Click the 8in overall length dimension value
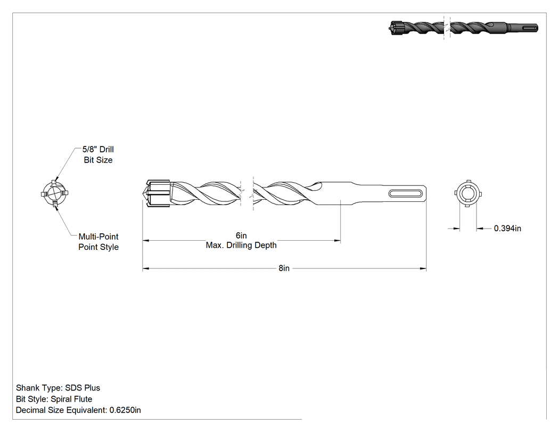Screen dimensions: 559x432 pyautogui.click(x=284, y=268)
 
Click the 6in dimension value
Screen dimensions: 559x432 pyautogui.click(x=241, y=235)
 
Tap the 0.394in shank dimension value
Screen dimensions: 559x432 pyautogui.click(x=507, y=229)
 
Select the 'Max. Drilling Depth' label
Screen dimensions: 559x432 pyautogui.click(x=241, y=245)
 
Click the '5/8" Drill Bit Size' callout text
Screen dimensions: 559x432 pyautogui.click(x=98, y=154)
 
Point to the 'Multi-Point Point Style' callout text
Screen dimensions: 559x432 pyautogui.click(x=98, y=241)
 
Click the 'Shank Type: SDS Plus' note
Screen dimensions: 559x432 pyautogui.click(x=58, y=388)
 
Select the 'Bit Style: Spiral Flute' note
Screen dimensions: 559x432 pyautogui.click(x=54, y=399)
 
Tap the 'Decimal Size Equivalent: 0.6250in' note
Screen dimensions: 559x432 pyautogui.click(x=78, y=410)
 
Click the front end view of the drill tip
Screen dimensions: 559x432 pyautogui.click(x=54, y=194)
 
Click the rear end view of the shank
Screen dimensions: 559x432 pyautogui.click(x=468, y=194)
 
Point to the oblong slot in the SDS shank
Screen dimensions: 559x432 pyautogui.click(x=406, y=193)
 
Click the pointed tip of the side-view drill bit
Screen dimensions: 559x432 pyautogui.click(x=143, y=193)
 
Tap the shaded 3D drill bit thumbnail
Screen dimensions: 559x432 pyautogui.click(x=463, y=28)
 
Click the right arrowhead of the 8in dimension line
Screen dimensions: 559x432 pyautogui.click(x=423, y=268)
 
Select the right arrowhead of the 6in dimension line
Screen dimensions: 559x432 pyautogui.click(x=337, y=241)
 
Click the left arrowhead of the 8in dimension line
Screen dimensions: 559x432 pyautogui.click(x=146, y=268)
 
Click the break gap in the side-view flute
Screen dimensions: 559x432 pyautogui.click(x=247, y=193)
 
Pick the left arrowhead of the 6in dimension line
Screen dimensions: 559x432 pyautogui.click(x=146, y=241)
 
